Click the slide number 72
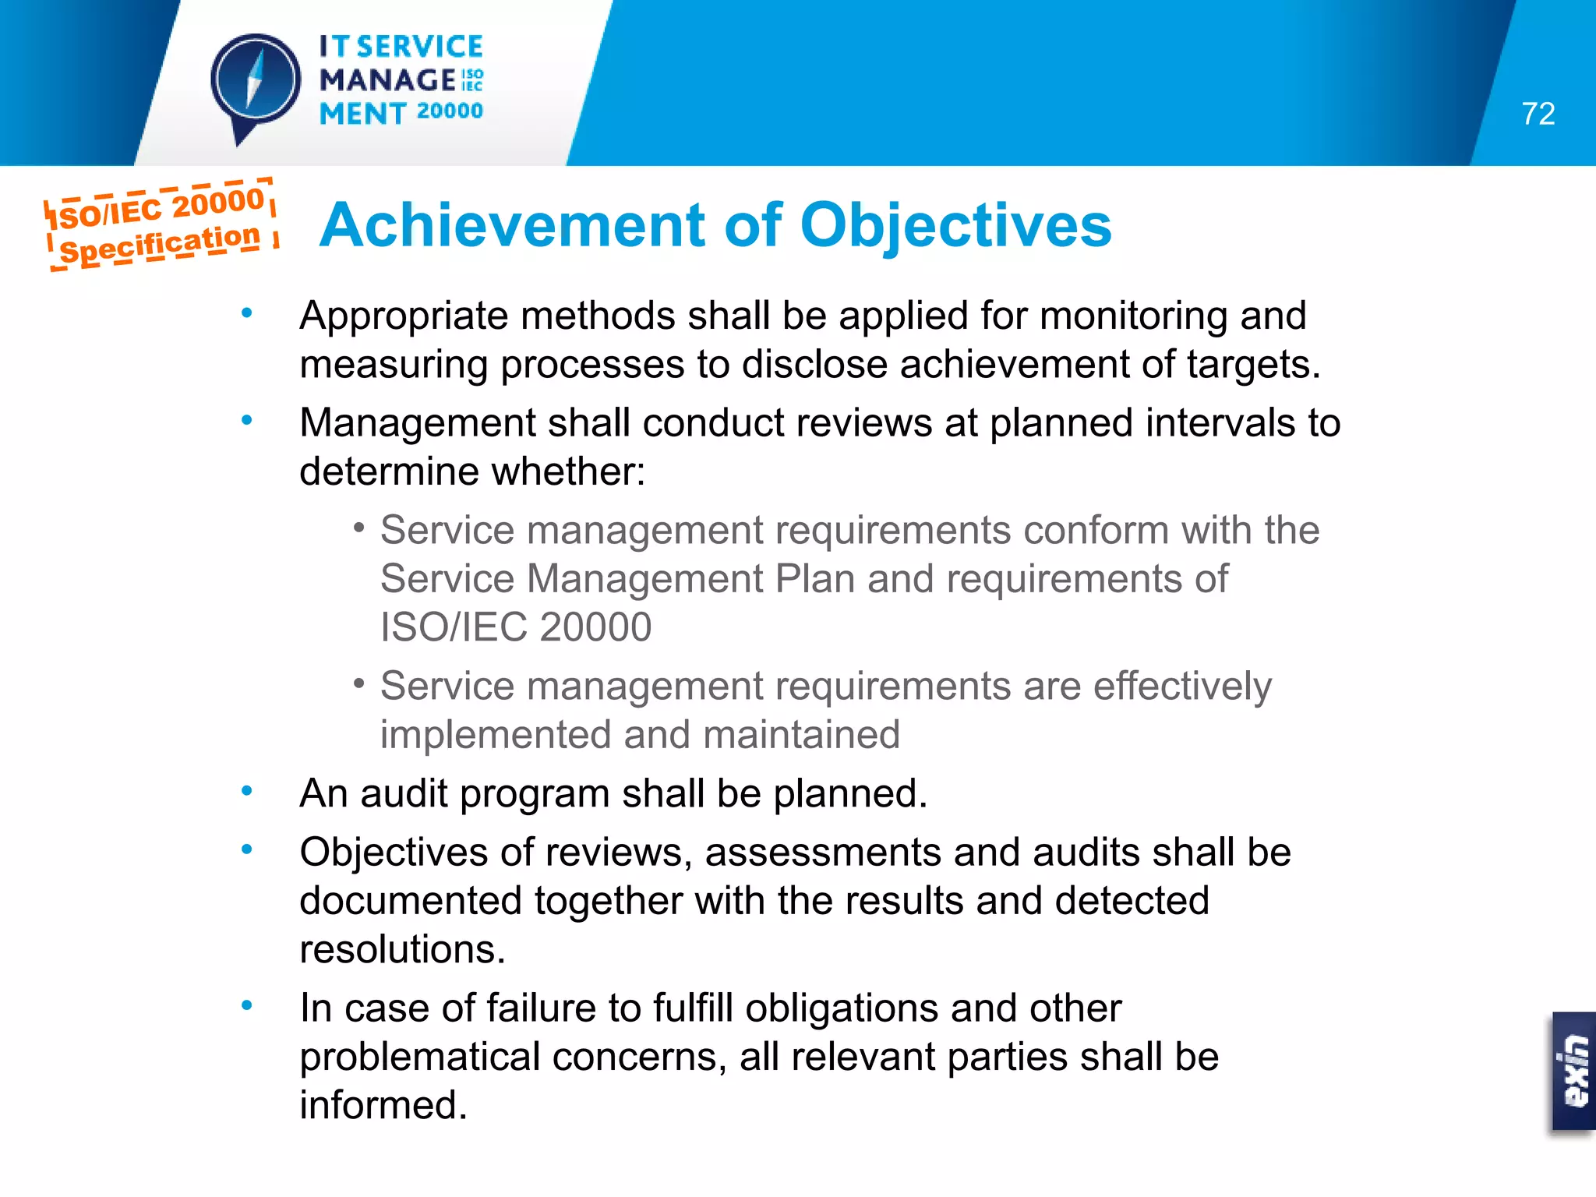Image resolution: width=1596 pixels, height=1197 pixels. click(x=1538, y=114)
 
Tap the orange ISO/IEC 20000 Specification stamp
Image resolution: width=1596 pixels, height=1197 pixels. click(x=161, y=224)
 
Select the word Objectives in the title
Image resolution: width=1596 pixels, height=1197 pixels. click(x=955, y=226)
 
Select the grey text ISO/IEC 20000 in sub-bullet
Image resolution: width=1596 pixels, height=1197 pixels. click(x=515, y=627)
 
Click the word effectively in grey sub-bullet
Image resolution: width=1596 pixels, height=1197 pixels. click(x=1182, y=687)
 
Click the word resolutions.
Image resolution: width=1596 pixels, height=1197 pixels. click(x=402, y=950)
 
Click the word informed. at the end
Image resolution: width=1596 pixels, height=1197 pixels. click(x=383, y=1106)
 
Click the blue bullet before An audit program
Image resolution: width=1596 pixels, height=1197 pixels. click(x=247, y=792)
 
